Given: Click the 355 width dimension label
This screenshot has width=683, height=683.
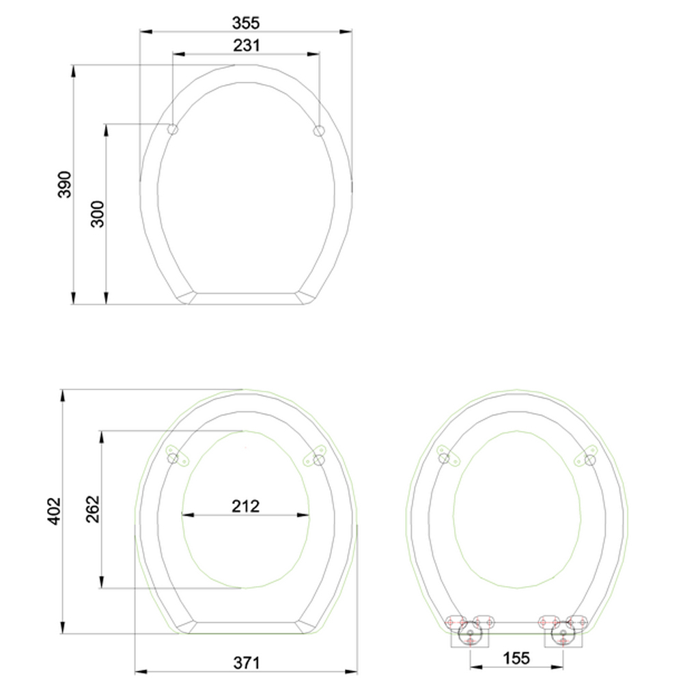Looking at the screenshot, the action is (246, 23).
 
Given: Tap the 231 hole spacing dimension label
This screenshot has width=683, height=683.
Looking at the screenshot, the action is (246, 45).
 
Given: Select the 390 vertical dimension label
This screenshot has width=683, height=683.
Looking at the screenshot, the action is (64, 184).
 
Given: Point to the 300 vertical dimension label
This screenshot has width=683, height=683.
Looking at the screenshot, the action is (98, 214).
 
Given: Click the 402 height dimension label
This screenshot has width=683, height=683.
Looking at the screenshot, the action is (53, 511).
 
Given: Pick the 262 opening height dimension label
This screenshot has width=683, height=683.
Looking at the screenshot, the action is (93, 509).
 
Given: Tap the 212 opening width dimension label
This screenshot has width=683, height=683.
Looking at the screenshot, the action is (246, 506).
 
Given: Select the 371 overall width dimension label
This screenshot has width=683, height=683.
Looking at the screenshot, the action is (247, 663).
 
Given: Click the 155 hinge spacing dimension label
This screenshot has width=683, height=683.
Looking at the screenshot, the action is (516, 658).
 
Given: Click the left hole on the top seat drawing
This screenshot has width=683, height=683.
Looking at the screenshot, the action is (173, 129).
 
